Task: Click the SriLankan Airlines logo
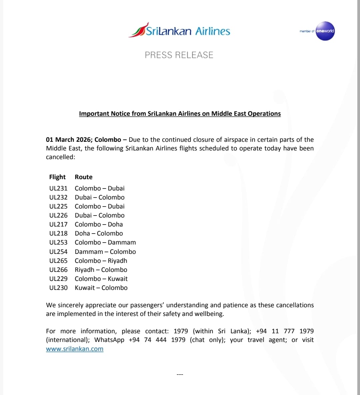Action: [179, 31]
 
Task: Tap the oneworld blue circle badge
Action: [325, 31]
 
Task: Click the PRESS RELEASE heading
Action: [179, 55]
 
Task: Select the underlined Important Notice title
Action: [180, 114]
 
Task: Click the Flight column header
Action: [57, 177]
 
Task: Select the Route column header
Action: [83, 177]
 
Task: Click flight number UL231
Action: [58, 188]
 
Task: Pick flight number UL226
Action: [58, 216]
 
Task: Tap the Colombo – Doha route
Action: [99, 225]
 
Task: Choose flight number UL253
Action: [58, 243]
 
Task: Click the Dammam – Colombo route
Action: [105, 252]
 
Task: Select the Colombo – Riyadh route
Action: [101, 261]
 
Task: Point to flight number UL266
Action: [58, 270]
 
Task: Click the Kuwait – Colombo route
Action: [101, 288]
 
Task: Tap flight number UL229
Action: [58, 279]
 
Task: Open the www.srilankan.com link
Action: [75, 349]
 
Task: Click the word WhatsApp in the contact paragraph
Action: [109, 340]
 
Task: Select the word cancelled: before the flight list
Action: [61, 157]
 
